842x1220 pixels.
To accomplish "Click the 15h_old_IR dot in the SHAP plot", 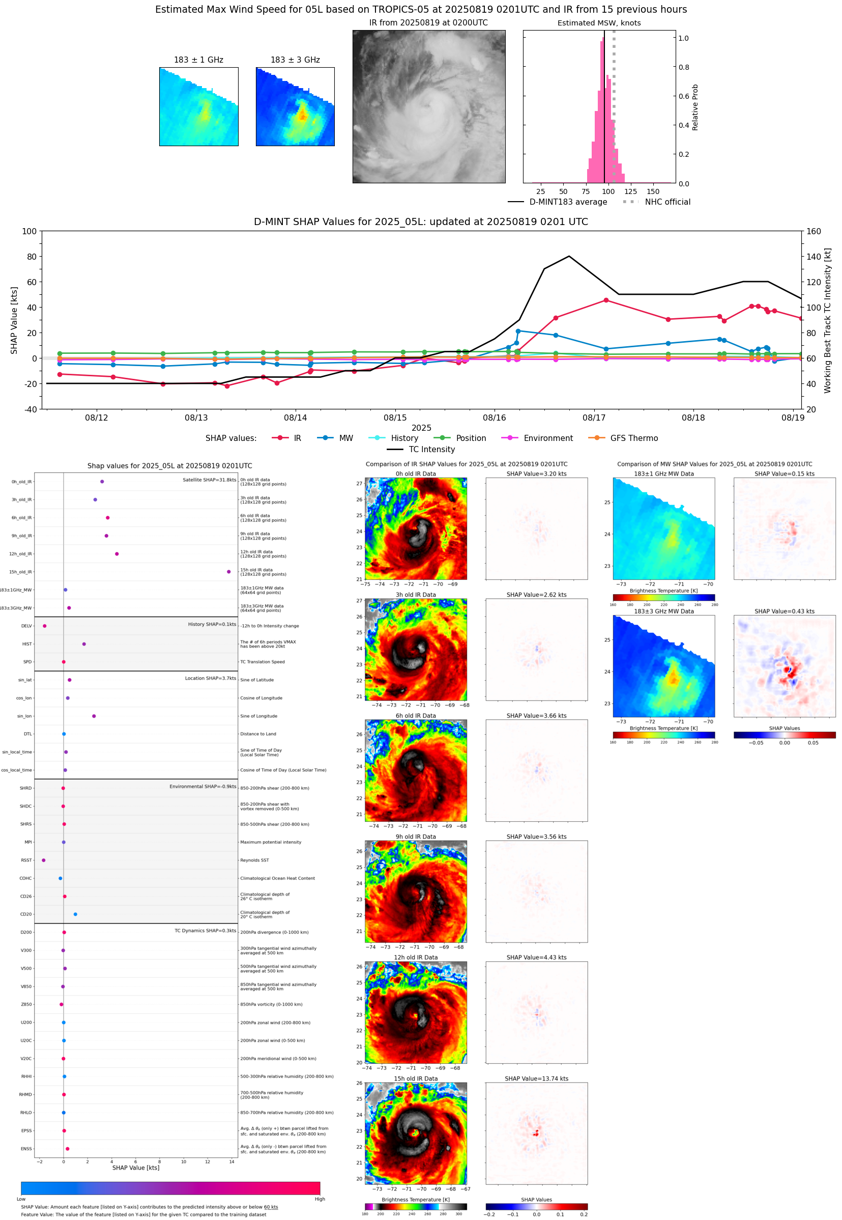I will point(228,572).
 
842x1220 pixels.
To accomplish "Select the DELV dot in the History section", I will point(45,626).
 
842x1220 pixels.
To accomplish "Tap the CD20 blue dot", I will point(75,914).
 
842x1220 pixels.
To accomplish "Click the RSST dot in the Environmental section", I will point(44,861).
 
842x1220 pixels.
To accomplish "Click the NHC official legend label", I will point(667,202).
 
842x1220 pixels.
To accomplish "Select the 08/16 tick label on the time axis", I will point(495,418).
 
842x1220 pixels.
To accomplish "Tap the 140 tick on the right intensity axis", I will point(814,257).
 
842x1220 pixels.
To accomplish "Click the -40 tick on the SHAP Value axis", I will point(30,409).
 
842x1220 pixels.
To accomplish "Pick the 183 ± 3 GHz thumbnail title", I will point(295,60).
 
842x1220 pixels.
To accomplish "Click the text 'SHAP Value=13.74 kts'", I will point(536,1078).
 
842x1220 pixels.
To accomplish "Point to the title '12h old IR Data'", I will point(416,958).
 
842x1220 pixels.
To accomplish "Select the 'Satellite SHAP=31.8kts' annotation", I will point(209,480).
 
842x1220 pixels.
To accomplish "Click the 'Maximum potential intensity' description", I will point(271,843).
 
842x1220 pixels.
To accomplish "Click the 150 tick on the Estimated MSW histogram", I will point(653,191).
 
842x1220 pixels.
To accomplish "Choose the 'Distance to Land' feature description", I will point(258,734).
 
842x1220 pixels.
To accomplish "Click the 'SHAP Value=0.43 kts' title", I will point(784,612).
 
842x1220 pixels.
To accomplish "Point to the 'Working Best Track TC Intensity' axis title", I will point(827,320).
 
